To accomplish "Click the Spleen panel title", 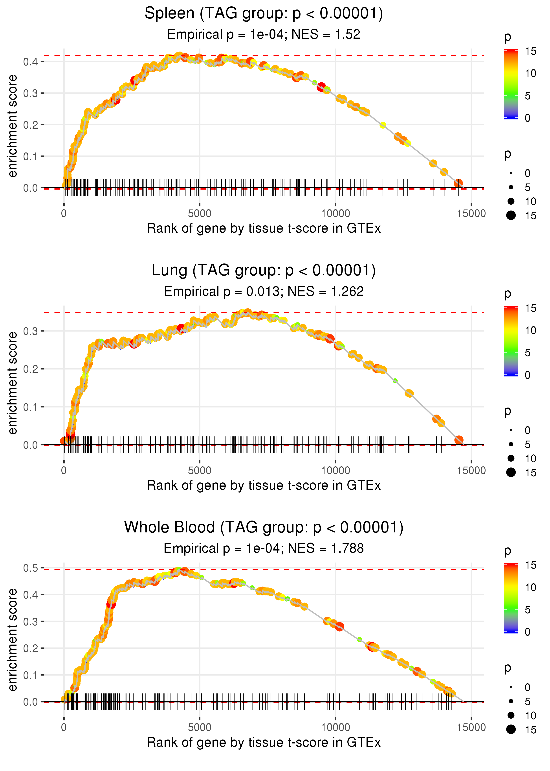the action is pos(264,14).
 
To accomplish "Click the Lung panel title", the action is pos(264,271).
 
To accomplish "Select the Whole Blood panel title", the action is pos(264,528).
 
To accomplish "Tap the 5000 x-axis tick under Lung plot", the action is pos(200,471).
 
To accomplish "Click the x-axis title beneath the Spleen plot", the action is pos(264,228).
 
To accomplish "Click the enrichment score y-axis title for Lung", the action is pos(13,383).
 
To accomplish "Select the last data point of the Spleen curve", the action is pos(458,183).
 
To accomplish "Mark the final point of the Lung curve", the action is pos(458,440).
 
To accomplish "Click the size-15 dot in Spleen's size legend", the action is pos(511,216).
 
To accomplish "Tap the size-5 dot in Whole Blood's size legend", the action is pos(511,701).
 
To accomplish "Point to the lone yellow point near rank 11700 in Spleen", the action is pos(383,125).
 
